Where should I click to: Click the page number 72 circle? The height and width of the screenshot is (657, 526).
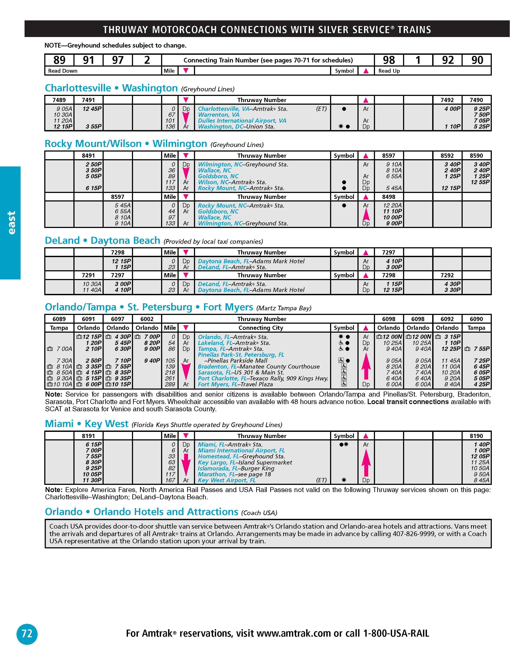pos(27,634)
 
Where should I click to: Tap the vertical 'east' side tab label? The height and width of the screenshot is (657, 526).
pos(11,223)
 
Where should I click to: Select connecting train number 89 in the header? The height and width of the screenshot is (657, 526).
pos(59,60)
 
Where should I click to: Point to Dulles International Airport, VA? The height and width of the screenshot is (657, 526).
pos(242,121)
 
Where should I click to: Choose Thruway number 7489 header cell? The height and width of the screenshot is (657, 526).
pos(59,100)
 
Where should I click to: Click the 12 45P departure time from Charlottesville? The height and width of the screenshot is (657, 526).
pos(92,109)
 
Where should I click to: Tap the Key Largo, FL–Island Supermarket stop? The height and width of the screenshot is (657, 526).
pos(245,462)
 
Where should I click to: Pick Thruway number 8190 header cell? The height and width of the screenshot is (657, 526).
pos(476,436)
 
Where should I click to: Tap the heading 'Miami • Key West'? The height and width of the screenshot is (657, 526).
pos(87,424)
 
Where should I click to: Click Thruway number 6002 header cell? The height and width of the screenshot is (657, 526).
pos(147,319)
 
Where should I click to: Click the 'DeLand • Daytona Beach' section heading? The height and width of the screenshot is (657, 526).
pos(102,240)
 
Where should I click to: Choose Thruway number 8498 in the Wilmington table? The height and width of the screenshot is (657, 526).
pos(389,197)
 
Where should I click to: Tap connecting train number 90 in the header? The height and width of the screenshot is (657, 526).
pos(477,60)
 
